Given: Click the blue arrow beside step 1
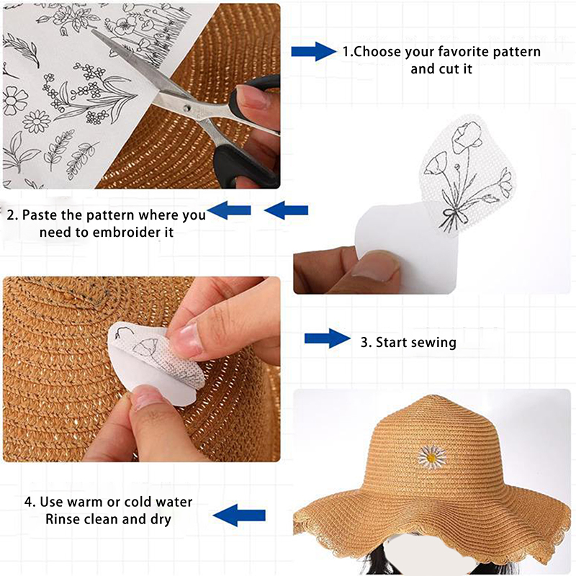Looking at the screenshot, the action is [314, 51].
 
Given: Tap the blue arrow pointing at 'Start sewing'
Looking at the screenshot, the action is [328, 338].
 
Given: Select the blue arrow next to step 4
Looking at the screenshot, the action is [239, 515].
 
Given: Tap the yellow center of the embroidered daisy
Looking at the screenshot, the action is [431, 457].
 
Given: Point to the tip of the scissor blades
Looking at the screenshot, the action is [93, 30].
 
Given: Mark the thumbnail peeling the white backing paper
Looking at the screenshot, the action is [373, 267].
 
